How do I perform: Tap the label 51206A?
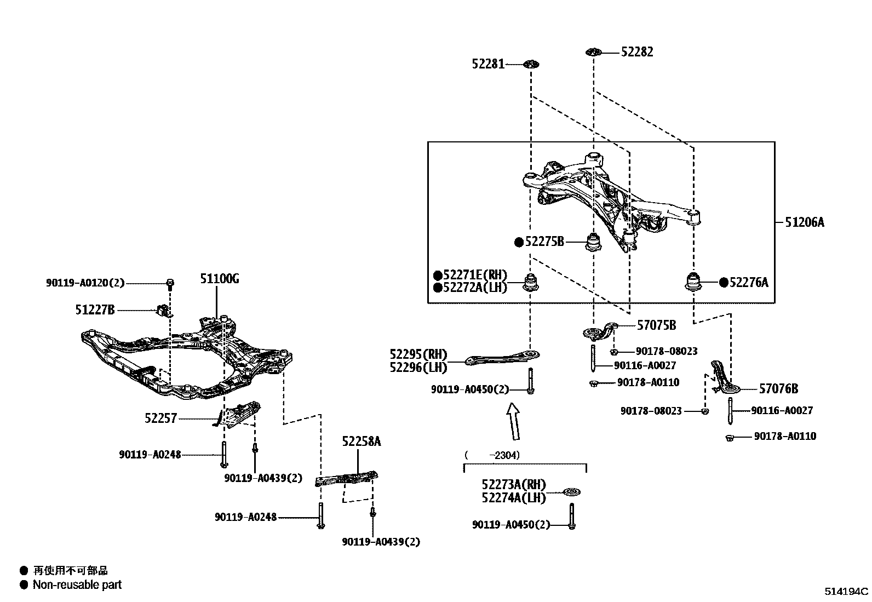(804, 222)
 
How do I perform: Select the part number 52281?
(487, 65)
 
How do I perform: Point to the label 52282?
(637, 52)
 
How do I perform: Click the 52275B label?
(544, 242)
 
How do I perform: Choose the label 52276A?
(748, 283)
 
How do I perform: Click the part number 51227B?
(95, 310)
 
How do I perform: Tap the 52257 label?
(161, 418)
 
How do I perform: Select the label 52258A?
(362, 442)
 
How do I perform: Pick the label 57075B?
(656, 326)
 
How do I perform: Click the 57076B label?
(778, 389)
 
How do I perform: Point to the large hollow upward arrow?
(513, 421)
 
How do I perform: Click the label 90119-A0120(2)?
(85, 283)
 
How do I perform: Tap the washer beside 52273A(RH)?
(572, 492)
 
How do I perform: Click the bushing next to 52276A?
(695, 282)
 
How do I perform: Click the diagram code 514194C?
(847, 592)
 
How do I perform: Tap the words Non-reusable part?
(77, 585)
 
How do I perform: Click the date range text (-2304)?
(492, 455)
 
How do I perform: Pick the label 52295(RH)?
(418, 354)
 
